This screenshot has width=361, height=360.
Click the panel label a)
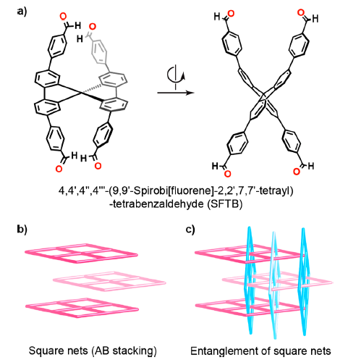click(22, 12)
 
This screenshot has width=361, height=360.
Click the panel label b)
click(22, 229)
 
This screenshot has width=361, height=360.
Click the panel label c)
click(190, 229)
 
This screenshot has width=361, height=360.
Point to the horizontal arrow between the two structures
click(176, 93)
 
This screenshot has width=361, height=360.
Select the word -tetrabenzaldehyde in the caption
click(156, 204)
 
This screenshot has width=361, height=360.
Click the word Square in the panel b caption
click(44, 351)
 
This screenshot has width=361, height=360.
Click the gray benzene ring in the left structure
click(99, 52)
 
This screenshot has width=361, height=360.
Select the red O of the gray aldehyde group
click(93, 27)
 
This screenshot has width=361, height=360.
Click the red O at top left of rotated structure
click(231, 14)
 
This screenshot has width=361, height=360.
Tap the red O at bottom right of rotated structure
click(297, 172)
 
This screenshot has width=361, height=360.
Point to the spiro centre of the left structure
click(81, 93)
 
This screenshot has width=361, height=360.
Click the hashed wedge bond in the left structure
click(90, 88)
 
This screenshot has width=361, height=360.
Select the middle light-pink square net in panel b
click(109, 282)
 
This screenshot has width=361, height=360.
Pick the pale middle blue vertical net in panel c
click(274, 285)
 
